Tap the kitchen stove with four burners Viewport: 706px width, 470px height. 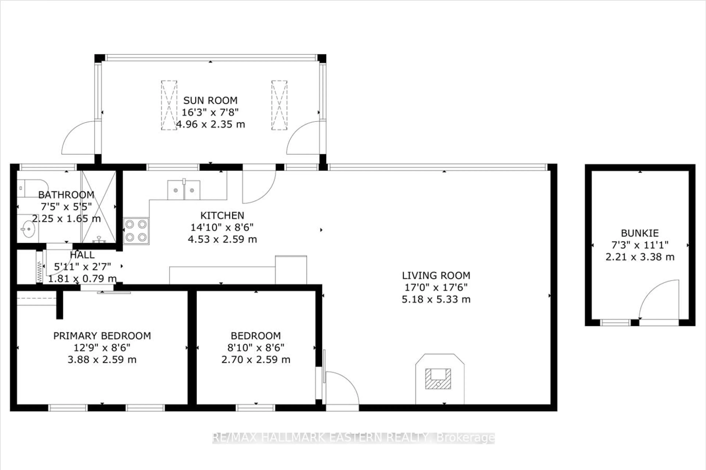(x=136, y=231)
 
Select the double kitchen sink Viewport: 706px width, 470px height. (x=183, y=190)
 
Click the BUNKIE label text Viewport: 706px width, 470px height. (x=640, y=233)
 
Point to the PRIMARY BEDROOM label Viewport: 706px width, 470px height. (x=102, y=336)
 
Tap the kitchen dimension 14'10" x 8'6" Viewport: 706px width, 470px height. (x=222, y=227)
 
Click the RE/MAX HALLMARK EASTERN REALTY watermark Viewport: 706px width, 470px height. (x=353, y=438)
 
